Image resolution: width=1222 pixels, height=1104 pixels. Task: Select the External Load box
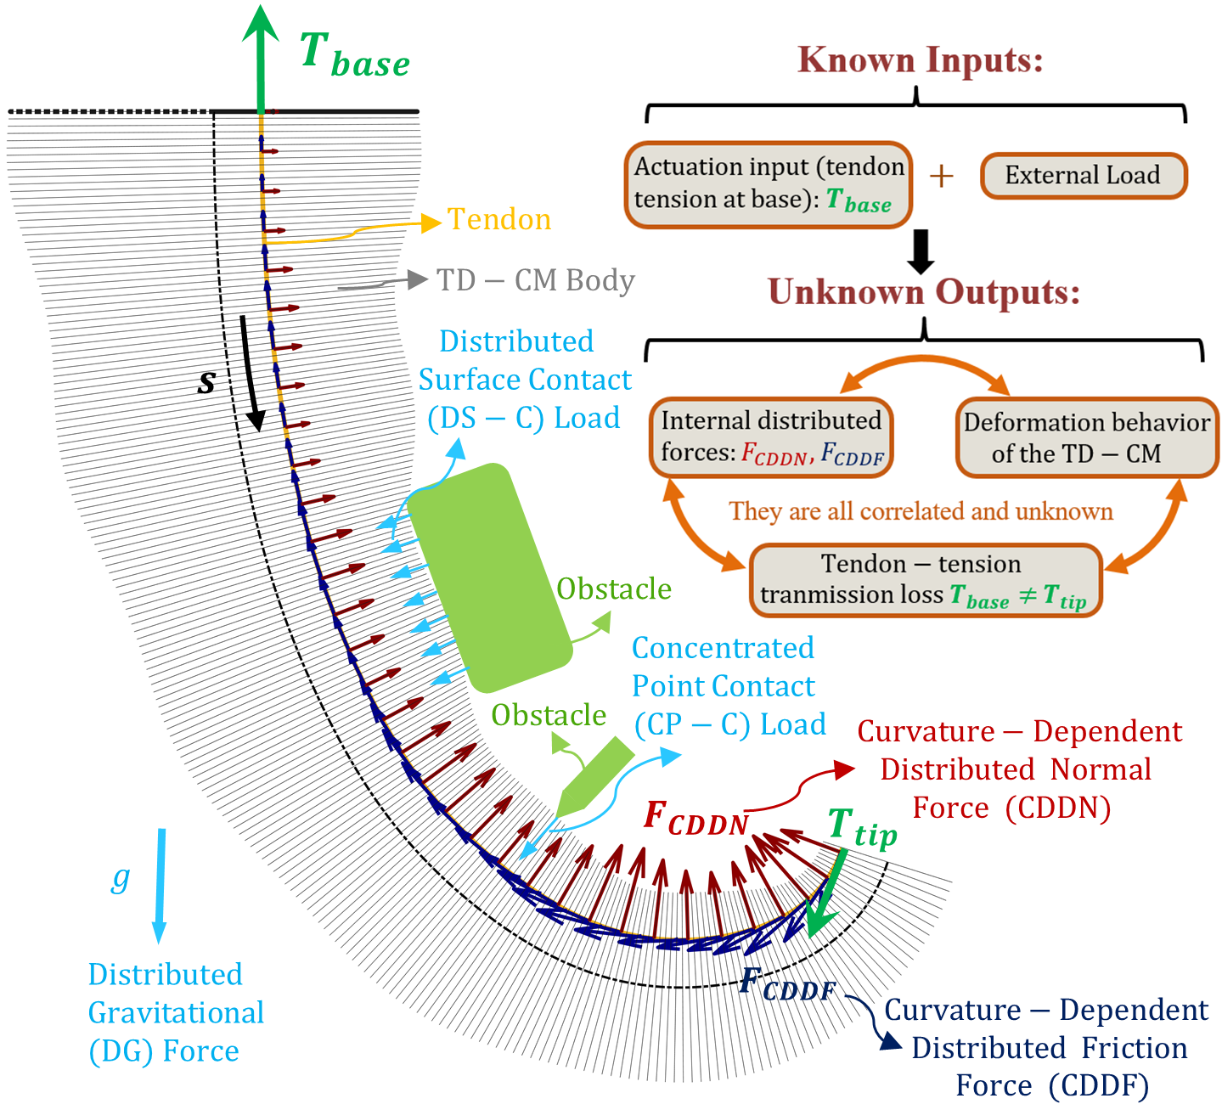pyautogui.click(x=1083, y=176)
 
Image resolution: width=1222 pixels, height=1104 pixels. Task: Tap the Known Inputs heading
pyautogui.click(x=921, y=60)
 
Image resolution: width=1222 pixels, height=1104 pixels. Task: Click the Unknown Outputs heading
pyautogui.click(x=924, y=292)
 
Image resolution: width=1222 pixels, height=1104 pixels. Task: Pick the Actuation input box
pyautogui.click(x=769, y=184)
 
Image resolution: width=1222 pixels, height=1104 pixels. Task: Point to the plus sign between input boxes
pyautogui.click(x=941, y=176)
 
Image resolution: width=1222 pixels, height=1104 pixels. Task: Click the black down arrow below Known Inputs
pyautogui.click(x=921, y=251)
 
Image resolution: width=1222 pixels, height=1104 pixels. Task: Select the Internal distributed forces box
pyautogui.click(x=771, y=437)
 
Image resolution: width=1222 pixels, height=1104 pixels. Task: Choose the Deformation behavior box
pyautogui.click(x=1086, y=437)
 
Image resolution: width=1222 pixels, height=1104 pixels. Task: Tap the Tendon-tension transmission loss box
pyautogui.click(x=925, y=580)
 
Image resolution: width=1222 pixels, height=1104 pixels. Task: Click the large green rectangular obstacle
pyautogui.click(x=489, y=577)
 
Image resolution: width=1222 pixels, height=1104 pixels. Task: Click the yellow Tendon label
pyautogui.click(x=499, y=220)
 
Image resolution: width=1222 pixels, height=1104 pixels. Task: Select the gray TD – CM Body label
pyautogui.click(x=535, y=280)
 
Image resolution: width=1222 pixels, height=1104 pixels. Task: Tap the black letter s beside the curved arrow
pyautogui.click(x=206, y=382)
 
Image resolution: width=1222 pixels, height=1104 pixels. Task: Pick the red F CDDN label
pyautogui.click(x=695, y=817)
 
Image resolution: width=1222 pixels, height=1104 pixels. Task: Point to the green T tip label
pyautogui.click(x=861, y=828)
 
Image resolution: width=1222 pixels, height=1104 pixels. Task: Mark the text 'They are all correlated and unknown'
pyautogui.click(x=921, y=511)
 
